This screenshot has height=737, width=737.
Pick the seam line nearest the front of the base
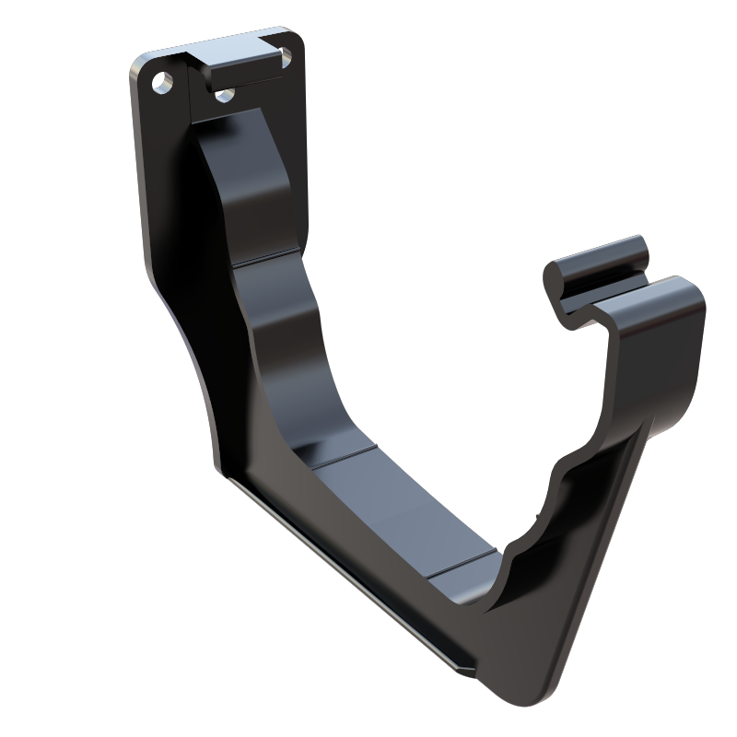pyautogui.click(x=465, y=561)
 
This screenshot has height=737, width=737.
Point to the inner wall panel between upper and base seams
pyautogui.click(x=295, y=350)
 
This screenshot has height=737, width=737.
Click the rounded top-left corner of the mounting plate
pyautogui.click(x=138, y=64)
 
